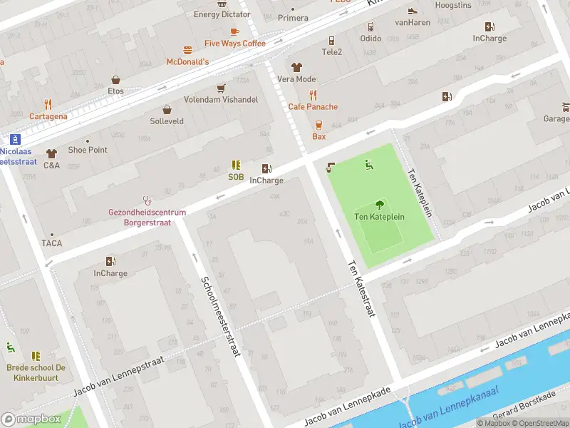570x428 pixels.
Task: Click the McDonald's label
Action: pos(187,62)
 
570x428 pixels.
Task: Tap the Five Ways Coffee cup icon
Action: pos(234,31)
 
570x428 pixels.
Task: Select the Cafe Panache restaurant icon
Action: pos(313,95)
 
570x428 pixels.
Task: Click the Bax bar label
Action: pos(318,136)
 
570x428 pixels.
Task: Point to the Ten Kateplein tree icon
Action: pos(379,204)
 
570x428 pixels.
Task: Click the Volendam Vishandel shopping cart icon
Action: pos(221,88)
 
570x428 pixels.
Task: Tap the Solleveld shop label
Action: pos(167,121)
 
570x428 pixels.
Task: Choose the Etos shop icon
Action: pos(115,80)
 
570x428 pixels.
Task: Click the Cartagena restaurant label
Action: pos(48,116)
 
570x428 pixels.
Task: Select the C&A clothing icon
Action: pos(51,153)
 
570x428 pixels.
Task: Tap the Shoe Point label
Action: pos(88,150)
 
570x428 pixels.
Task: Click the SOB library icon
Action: pos(236,165)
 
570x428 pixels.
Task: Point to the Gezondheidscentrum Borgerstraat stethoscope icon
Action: pos(147,200)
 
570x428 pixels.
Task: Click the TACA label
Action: pos(51,243)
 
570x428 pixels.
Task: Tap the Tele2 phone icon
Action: pos(331,41)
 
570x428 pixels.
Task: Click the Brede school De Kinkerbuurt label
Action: pos(36,372)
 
